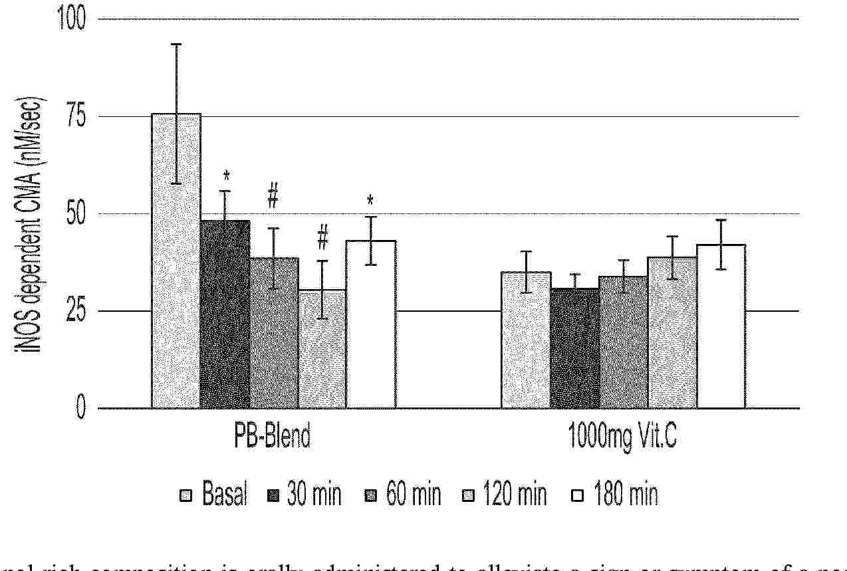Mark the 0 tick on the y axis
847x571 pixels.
pos(80,407)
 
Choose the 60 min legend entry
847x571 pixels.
pos(404,495)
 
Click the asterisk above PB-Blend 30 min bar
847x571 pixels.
pos(227,177)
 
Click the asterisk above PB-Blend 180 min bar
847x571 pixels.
pos(370,201)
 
